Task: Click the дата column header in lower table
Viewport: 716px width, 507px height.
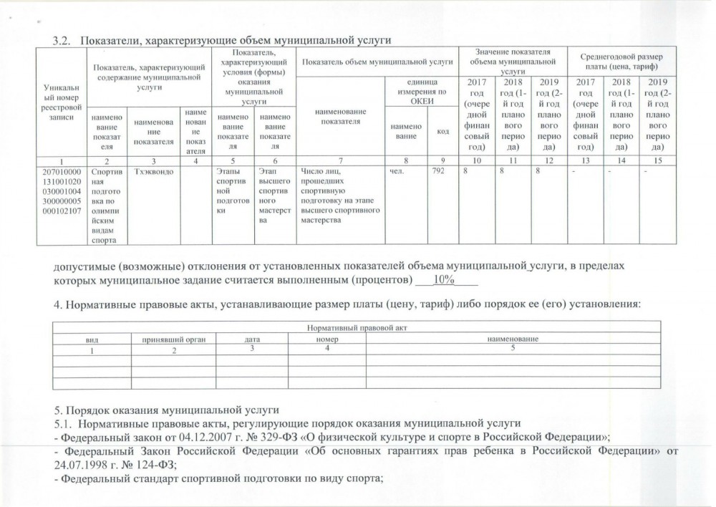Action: coord(251,338)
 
